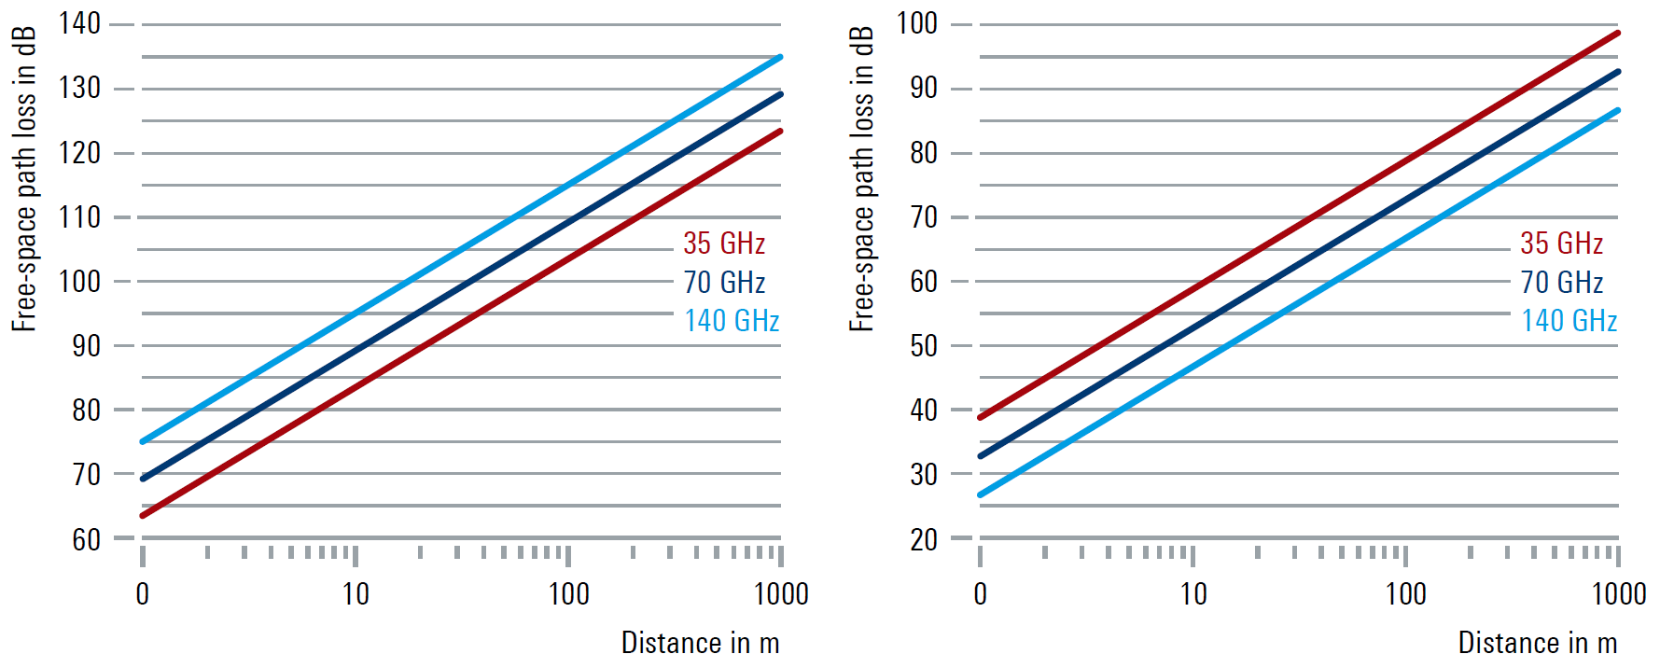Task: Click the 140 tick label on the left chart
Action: (x=79, y=23)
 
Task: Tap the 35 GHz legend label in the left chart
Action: (x=724, y=244)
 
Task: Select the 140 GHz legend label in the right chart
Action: (x=1569, y=321)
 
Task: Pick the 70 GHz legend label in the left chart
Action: (x=724, y=282)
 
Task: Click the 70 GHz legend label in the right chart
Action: (x=1562, y=282)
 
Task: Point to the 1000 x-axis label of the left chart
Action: (x=781, y=594)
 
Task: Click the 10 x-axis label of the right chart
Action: (x=1193, y=594)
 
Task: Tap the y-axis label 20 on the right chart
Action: (x=924, y=539)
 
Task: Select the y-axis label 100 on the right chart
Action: (x=917, y=23)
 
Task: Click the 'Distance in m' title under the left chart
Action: (x=700, y=643)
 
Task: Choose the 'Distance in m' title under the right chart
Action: (x=1537, y=643)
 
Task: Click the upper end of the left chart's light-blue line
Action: (x=780, y=57)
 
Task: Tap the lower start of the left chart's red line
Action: (x=143, y=515)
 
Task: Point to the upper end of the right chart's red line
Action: (x=1617, y=34)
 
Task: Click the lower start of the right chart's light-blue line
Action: (x=981, y=494)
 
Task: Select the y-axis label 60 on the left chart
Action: (x=86, y=539)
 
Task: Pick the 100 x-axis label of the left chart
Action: (x=568, y=594)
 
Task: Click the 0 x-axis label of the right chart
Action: (x=980, y=594)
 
